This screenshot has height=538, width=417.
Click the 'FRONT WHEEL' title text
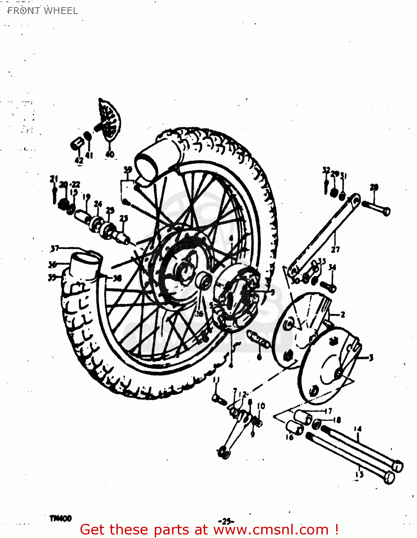coord(42,11)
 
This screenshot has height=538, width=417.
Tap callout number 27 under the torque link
coord(335,249)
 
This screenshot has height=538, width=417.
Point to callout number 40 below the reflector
coord(110,154)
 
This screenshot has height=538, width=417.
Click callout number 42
coord(79,160)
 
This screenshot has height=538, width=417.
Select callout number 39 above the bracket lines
coord(128,170)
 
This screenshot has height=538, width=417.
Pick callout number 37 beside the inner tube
coord(55,248)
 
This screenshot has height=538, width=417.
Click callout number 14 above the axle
coord(357,429)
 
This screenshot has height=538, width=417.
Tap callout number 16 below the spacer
coord(289,437)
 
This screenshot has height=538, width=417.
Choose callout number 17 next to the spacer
coord(328,411)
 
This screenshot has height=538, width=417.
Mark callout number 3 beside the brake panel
coord(371,357)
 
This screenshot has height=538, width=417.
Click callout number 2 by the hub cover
coord(343,315)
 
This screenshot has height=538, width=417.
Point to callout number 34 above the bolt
coord(332,267)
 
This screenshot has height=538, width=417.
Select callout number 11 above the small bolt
coord(216,380)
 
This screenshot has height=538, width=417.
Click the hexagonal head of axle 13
coord(389,477)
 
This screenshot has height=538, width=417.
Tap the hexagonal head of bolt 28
coord(386,212)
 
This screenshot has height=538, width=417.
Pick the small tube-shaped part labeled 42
coord(77,143)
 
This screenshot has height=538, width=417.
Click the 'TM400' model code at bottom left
coord(60,518)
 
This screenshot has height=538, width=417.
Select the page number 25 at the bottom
coord(226,521)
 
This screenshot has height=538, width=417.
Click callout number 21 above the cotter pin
coord(54,178)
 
